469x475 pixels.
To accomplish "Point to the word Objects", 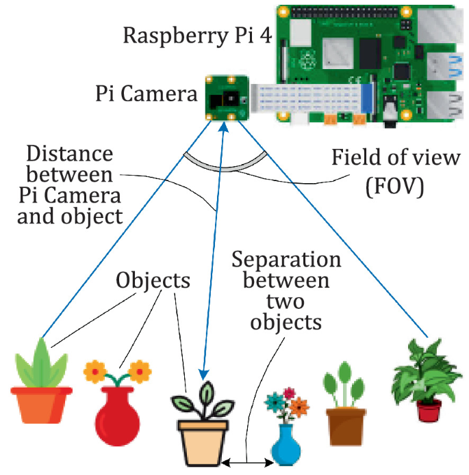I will pos(153,280).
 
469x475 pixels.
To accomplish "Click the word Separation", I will pos(286,260).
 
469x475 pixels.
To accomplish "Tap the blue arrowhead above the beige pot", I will pos(203,373).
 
